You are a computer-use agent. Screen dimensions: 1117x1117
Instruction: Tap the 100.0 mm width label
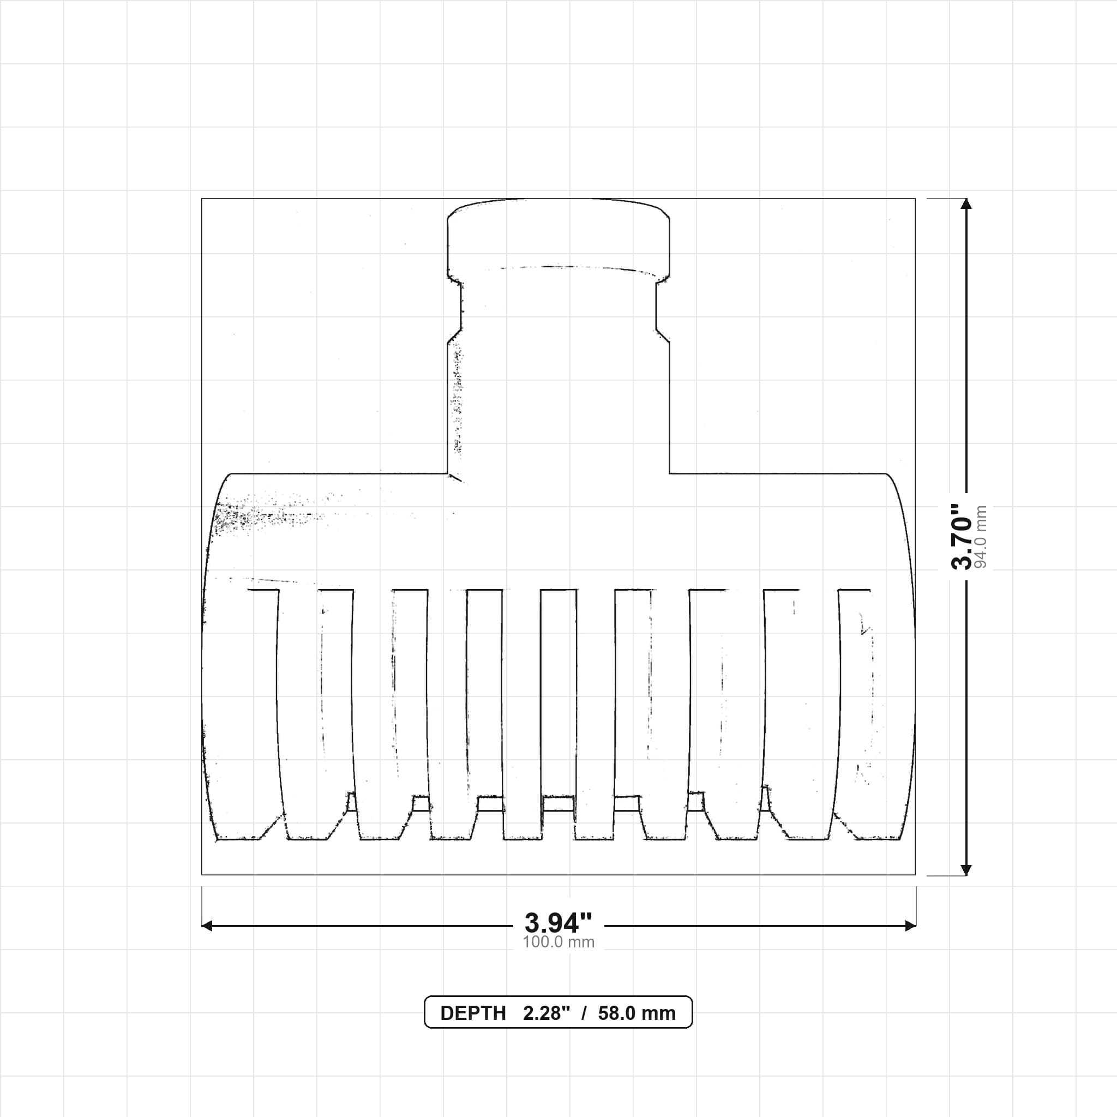tap(558, 942)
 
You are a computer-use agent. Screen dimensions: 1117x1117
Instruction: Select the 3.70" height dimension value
tap(963, 537)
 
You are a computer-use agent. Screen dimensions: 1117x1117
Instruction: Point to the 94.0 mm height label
tap(981, 537)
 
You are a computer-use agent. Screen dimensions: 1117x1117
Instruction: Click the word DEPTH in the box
tap(473, 1013)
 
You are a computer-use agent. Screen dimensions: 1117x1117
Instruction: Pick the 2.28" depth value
tap(547, 1013)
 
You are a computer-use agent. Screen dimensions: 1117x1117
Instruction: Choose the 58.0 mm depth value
tap(636, 1013)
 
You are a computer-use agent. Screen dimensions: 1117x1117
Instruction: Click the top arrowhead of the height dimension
tap(965, 203)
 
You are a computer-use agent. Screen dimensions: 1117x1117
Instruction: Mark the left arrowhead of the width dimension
tap(207, 926)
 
